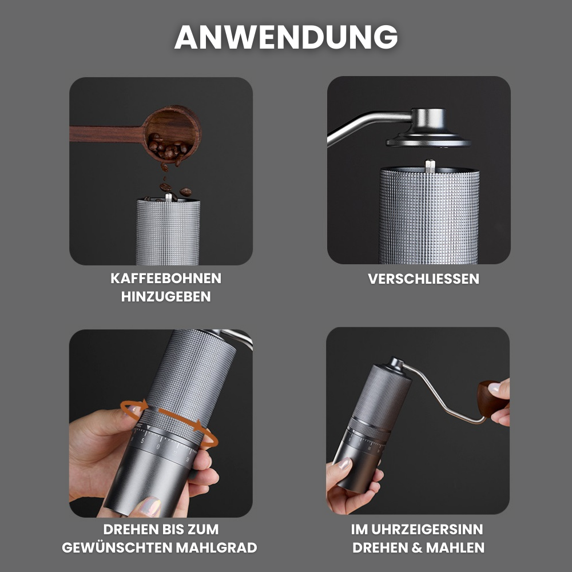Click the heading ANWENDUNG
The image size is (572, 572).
(286, 37)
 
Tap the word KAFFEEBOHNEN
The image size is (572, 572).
(166, 279)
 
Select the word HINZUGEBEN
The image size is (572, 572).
(166, 296)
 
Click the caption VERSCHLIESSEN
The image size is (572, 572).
(423, 279)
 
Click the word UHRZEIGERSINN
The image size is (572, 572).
(427, 529)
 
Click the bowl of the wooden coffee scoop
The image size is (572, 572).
(172, 133)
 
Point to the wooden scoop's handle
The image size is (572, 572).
(106, 134)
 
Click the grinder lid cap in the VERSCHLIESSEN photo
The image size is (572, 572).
(428, 128)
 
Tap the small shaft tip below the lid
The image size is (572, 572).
(430, 166)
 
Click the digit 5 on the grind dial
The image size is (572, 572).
(142, 441)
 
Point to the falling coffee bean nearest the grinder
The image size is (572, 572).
(185, 192)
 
